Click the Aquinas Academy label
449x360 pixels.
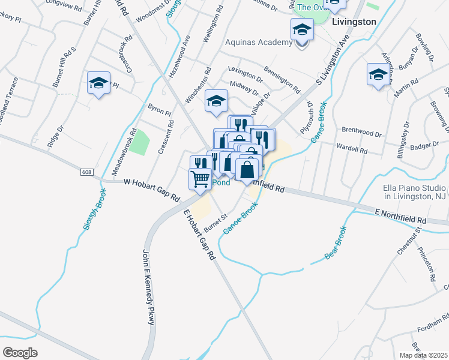tap(259, 41)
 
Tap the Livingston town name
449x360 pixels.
tap(354, 22)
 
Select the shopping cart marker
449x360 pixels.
tap(200, 178)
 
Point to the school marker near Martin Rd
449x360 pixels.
tap(378, 75)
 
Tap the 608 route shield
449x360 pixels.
tap(88, 172)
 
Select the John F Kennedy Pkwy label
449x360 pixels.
tap(148, 287)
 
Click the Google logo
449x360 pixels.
tap(20, 353)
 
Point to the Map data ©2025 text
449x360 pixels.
tap(423, 355)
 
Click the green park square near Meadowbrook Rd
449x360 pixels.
tap(140, 142)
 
